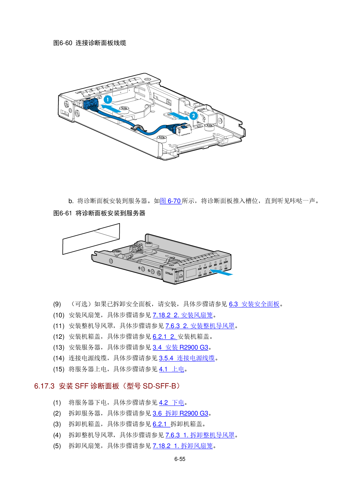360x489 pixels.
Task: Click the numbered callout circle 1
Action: click(x=108, y=100)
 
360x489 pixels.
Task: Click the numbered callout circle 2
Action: click(x=193, y=116)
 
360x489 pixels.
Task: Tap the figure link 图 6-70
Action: click(x=171, y=201)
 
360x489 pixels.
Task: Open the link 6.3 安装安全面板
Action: click(x=254, y=304)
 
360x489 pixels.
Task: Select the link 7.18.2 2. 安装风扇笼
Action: click(x=183, y=315)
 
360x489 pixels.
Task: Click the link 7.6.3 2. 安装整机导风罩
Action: click(x=200, y=326)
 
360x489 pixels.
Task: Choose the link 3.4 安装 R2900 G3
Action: click(x=180, y=348)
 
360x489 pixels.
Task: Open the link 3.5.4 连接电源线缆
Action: click(x=187, y=358)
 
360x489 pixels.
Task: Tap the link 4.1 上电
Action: click(x=172, y=369)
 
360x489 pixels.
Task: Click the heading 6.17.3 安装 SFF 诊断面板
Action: click(x=107, y=386)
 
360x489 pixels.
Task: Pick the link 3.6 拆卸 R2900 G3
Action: click(x=180, y=413)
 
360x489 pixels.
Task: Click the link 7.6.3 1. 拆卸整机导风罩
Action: click(x=200, y=435)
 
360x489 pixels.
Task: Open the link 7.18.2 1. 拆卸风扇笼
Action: click(x=183, y=446)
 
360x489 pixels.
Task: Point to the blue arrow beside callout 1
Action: click(x=111, y=109)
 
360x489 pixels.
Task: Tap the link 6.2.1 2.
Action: click(x=165, y=337)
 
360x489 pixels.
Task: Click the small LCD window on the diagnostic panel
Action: click(x=191, y=273)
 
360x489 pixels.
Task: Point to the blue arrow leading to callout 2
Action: click(x=179, y=116)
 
